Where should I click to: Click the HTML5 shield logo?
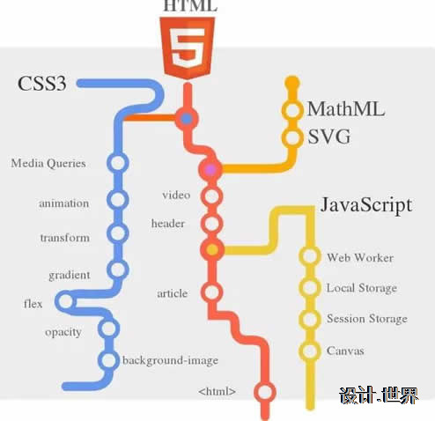(x=188, y=48)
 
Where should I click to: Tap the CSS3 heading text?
(x=42, y=84)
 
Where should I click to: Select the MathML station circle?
(x=292, y=110)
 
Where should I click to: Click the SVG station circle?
(x=292, y=137)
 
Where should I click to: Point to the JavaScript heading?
(x=366, y=205)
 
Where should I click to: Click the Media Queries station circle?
(x=118, y=163)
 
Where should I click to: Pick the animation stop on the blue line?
(x=118, y=200)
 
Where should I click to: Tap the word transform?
(x=65, y=238)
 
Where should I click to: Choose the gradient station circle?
(x=118, y=270)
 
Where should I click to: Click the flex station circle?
(x=66, y=301)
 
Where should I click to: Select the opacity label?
(x=63, y=333)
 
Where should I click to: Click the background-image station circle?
(x=108, y=360)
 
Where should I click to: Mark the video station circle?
(x=211, y=196)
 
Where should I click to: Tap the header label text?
(x=168, y=224)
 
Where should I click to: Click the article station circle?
(x=211, y=292)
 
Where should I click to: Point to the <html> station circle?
(x=265, y=392)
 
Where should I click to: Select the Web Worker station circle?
(x=310, y=255)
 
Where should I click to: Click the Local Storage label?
(x=362, y=288)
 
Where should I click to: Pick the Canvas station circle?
(x=310, y=351)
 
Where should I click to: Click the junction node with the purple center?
(x=210, y=170)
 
